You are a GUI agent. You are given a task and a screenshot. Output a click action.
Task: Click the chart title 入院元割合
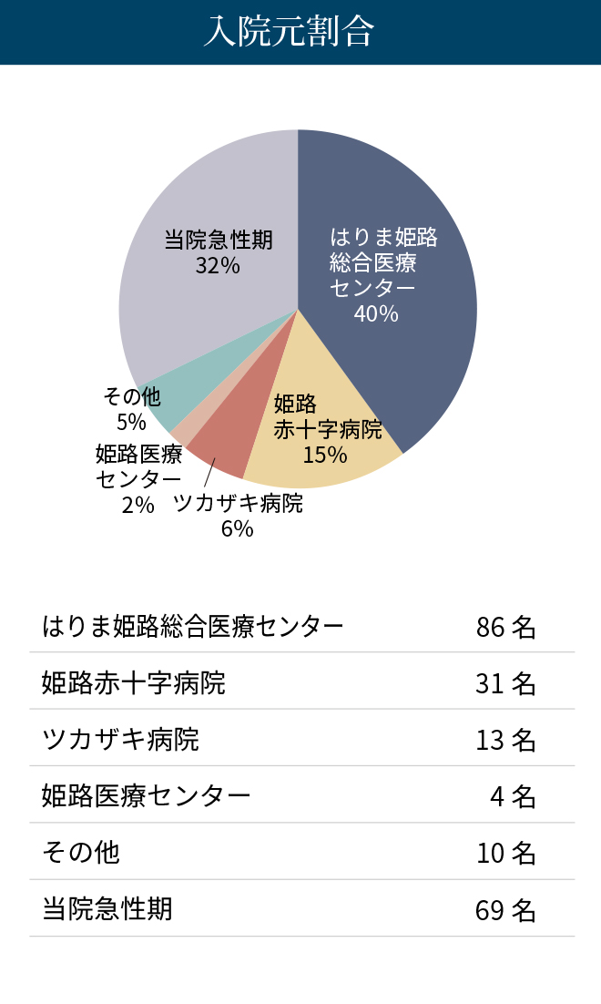tap(290, 33)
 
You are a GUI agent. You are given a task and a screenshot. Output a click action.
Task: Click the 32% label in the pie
tap(218, 266)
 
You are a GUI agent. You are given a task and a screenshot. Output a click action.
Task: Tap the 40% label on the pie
tap(376, 314)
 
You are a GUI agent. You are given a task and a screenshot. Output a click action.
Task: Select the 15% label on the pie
tap(325, 455)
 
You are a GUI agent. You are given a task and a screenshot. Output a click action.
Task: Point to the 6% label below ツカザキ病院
tap(237, 528)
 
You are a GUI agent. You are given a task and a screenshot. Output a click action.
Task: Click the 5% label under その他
tap(131, 422)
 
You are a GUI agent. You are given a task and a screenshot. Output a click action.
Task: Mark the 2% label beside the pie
tap(138, 504)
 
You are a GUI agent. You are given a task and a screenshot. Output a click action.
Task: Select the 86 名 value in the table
tap(505, 627)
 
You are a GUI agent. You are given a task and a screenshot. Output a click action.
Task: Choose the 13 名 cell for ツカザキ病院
tap(505, 740)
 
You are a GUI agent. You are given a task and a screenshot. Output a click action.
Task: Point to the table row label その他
tap(81, 853)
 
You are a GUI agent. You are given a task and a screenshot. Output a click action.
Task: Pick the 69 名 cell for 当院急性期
tap(505, 910)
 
